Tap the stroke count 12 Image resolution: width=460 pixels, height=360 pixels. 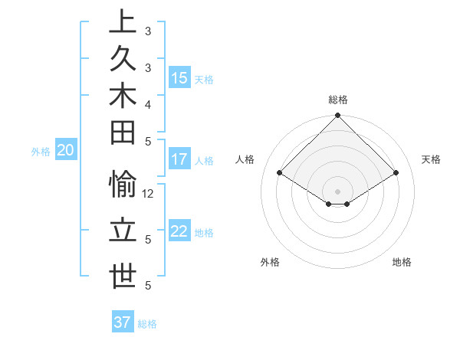pos(149,194)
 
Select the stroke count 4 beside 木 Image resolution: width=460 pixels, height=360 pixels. pos(147,103)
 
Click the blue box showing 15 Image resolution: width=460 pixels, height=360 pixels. pos(179,78)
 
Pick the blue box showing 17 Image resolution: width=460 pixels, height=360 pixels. pos(179,160)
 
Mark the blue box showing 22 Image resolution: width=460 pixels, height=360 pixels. pos(179,232)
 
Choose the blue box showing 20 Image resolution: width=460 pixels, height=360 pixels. pos(66,151)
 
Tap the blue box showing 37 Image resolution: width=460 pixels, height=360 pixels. pos(123,322)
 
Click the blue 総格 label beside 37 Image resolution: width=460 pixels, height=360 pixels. pos(147,324)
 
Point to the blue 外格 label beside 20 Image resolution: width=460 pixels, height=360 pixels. pos(41,152)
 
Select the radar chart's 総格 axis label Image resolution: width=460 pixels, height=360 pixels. pos(338,100)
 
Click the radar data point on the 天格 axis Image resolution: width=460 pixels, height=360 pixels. pos(396,173)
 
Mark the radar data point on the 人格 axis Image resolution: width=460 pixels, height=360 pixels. pos(280,173)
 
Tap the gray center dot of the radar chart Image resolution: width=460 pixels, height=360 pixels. pos(338,191)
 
